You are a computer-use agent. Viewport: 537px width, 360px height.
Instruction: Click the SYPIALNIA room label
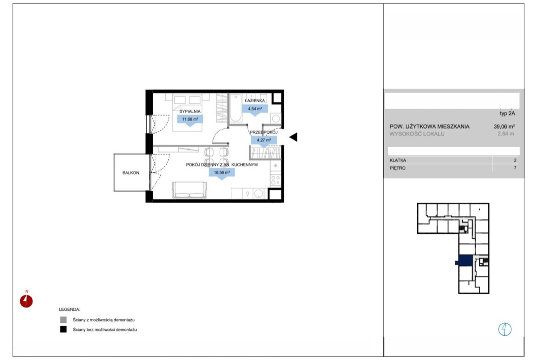pos(190,111)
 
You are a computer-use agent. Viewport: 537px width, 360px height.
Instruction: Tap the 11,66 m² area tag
pos(190,119)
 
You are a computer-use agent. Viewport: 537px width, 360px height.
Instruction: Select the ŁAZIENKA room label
pos(255,100)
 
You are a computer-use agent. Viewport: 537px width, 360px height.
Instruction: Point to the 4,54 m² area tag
pos(255,109)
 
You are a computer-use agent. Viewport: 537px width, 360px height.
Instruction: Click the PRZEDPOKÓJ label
pos(263,132)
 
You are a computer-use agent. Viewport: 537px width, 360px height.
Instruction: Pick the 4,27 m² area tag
pos(264,140)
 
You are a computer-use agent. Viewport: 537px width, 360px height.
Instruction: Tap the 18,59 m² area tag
pos(222,172)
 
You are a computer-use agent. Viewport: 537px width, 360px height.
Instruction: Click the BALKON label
pos(131,173)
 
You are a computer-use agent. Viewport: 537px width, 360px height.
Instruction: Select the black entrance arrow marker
pos(293,137)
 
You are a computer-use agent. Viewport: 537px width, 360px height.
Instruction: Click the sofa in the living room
pos(190,190)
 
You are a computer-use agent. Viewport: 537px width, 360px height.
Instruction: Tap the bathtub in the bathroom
pos(235,108)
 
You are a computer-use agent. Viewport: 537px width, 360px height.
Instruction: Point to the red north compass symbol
pos(26,301)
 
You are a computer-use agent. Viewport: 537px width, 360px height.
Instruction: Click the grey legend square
pos(63,320)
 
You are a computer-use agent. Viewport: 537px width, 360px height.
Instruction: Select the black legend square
pos(63,330)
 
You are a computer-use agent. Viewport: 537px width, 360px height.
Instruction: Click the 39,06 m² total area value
pos(504,127)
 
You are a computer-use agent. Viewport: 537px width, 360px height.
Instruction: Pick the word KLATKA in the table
pos(397,160)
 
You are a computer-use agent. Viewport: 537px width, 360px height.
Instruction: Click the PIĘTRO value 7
pos(515,168)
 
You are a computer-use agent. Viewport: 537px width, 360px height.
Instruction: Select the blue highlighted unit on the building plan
pos(465,261)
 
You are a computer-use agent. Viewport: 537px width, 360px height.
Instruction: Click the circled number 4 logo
pos(505,329)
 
